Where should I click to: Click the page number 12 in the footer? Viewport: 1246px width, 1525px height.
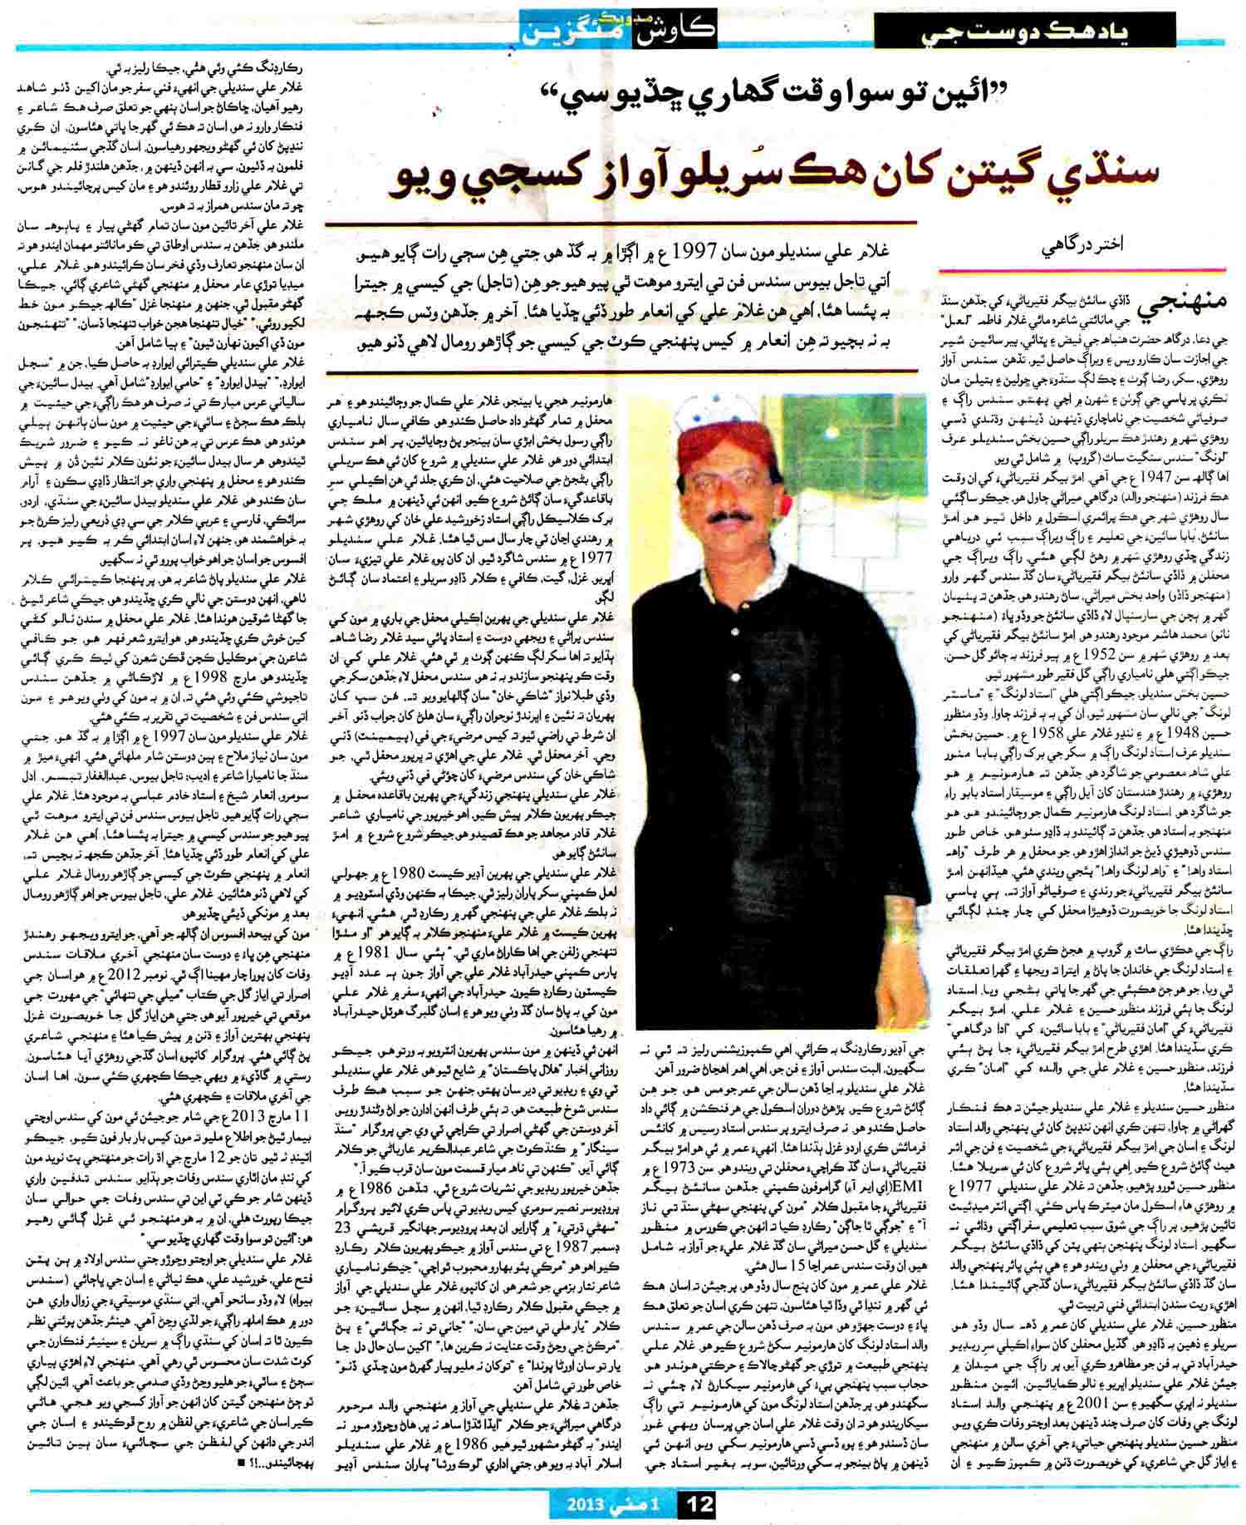click(x=695, y=1503)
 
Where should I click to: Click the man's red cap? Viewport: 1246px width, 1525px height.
click(x=719, y=446)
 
